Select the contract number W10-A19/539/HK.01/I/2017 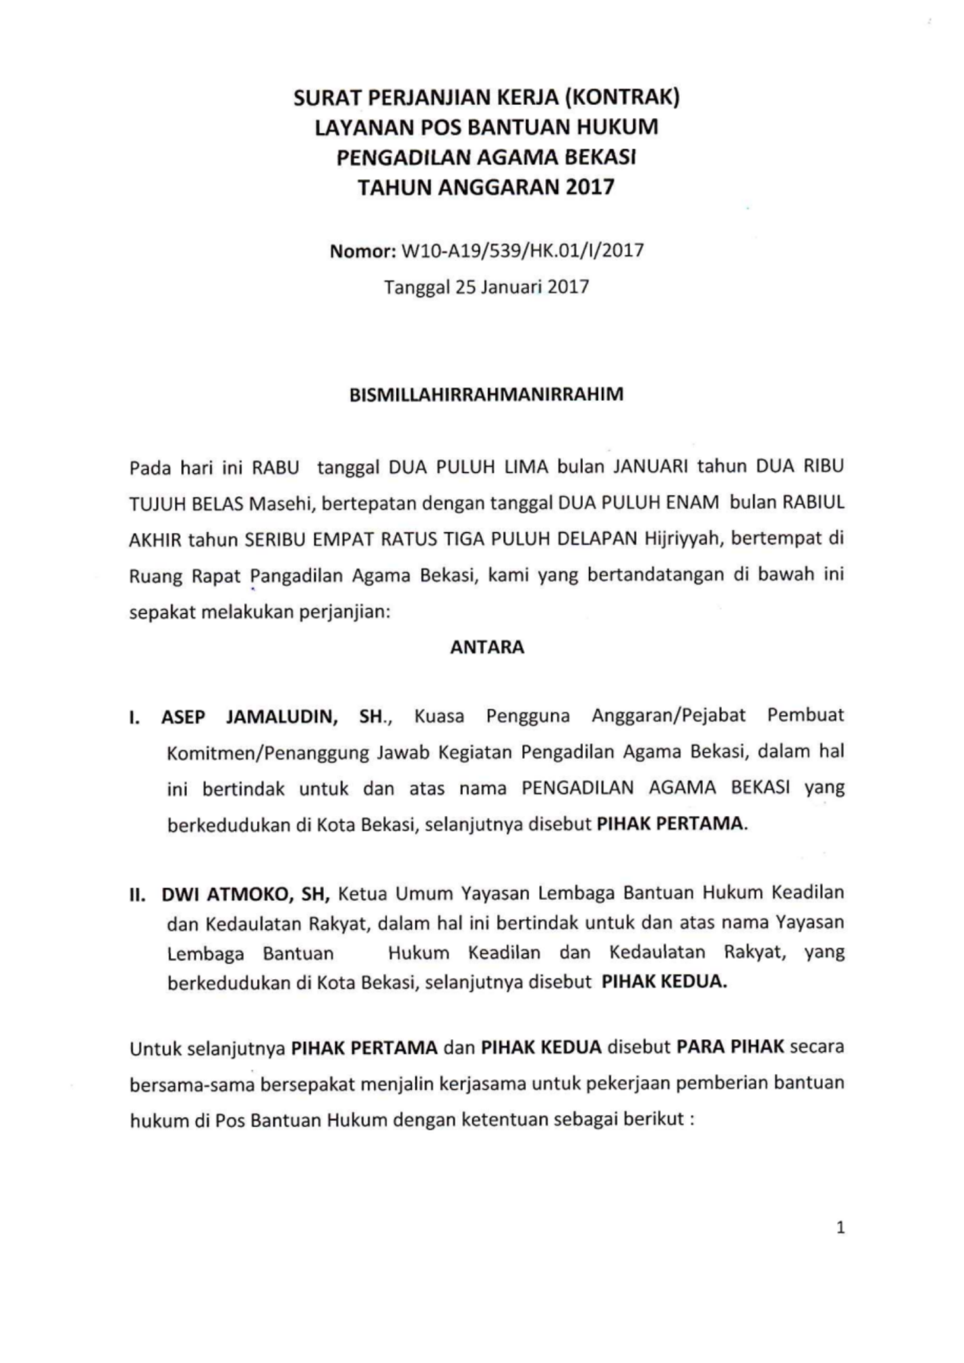[x=522, y=251]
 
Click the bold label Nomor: [x=363, y=251]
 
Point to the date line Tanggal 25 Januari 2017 [x=486, y=287]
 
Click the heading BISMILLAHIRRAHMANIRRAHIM [x=486, y=395]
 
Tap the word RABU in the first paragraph [x=276, y=468]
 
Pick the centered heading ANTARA [x=487, y=647]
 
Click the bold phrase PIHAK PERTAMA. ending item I [x=671, y=824]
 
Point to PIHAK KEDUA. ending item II [x=664, y=981]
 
